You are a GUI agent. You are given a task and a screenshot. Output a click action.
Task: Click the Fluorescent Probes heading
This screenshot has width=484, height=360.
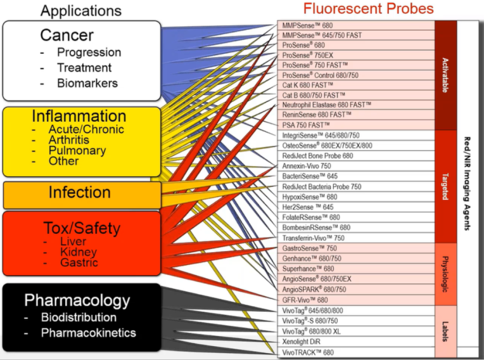tap(368, 9)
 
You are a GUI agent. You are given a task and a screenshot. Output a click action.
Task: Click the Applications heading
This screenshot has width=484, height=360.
tap(81, 11)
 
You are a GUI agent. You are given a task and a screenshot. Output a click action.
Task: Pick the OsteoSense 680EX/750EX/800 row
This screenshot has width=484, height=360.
tap(327, 145)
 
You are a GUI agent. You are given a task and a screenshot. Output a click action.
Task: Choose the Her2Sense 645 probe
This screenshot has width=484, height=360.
tap(308, 207)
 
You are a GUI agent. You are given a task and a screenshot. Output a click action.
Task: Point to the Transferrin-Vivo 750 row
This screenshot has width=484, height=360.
tap(313, 238)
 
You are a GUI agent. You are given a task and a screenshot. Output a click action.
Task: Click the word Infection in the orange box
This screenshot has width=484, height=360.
tap(80, 193)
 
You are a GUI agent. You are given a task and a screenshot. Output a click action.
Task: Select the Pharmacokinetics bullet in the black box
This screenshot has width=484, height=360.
tap(89, 333)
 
